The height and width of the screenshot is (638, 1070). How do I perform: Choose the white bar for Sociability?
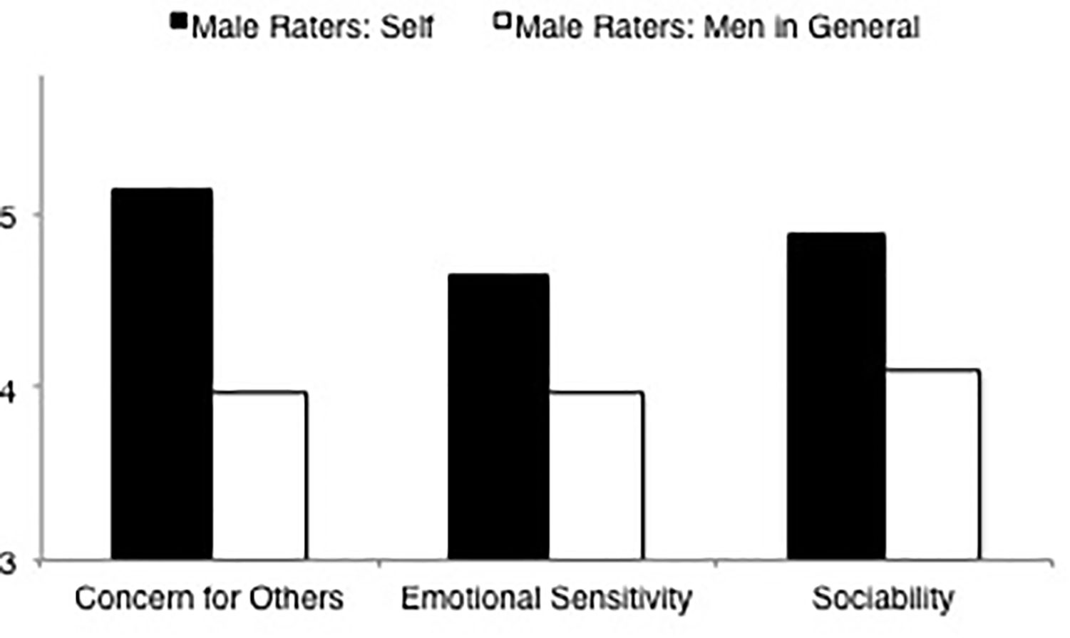click(x=932, y=464)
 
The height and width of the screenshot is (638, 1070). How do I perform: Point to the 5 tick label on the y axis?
click(x=7, y=216)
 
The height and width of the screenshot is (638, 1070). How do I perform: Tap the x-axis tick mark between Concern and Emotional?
click(x=379, y=564)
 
